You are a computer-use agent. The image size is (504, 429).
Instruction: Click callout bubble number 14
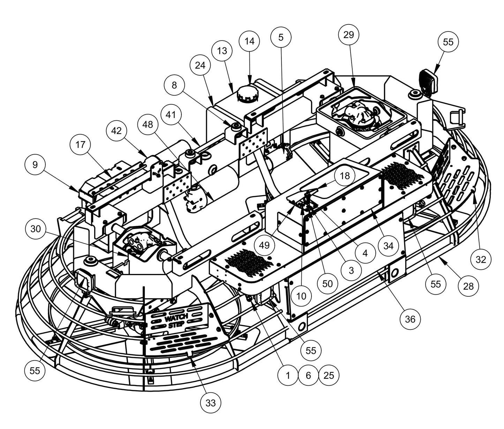click(x=249, y=41)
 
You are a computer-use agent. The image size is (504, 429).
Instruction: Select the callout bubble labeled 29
click(x=348, y=35)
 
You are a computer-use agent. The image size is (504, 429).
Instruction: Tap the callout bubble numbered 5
click(x=281, y=37)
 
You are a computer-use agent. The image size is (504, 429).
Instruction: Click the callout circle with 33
click(x=210, y=403)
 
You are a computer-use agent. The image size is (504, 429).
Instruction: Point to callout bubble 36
click(x=411, y=319)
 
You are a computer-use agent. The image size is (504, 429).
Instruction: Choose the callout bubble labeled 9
click(x=35, y=164)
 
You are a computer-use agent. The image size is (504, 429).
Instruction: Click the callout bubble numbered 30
click(x=36, y=229)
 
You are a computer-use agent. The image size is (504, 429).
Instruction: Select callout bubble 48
click(x=148, y=124)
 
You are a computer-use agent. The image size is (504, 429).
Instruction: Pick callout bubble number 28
click(x=468, y=286)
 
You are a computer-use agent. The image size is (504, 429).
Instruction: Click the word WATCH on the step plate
click(x=176, y=318)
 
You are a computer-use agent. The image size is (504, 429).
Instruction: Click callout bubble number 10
click(x=301, y=296)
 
